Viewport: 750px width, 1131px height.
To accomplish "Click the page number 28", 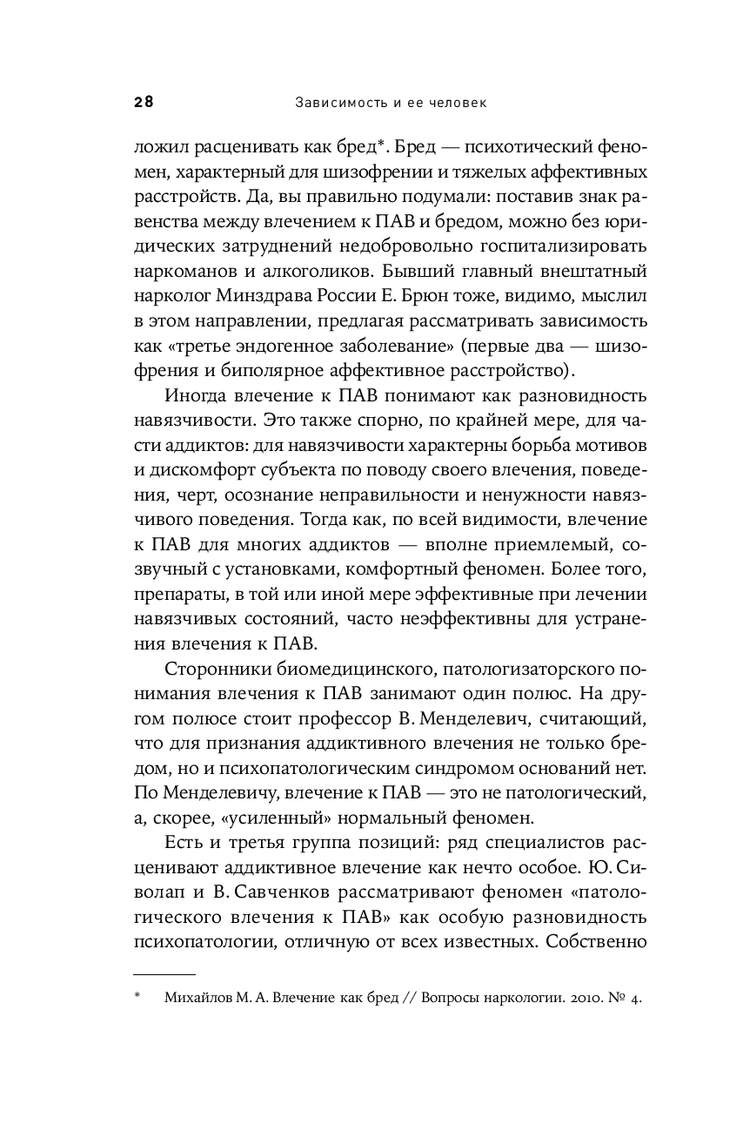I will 144,103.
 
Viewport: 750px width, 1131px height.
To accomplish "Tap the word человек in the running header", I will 452,103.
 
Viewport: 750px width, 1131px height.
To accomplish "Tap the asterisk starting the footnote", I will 137,999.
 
